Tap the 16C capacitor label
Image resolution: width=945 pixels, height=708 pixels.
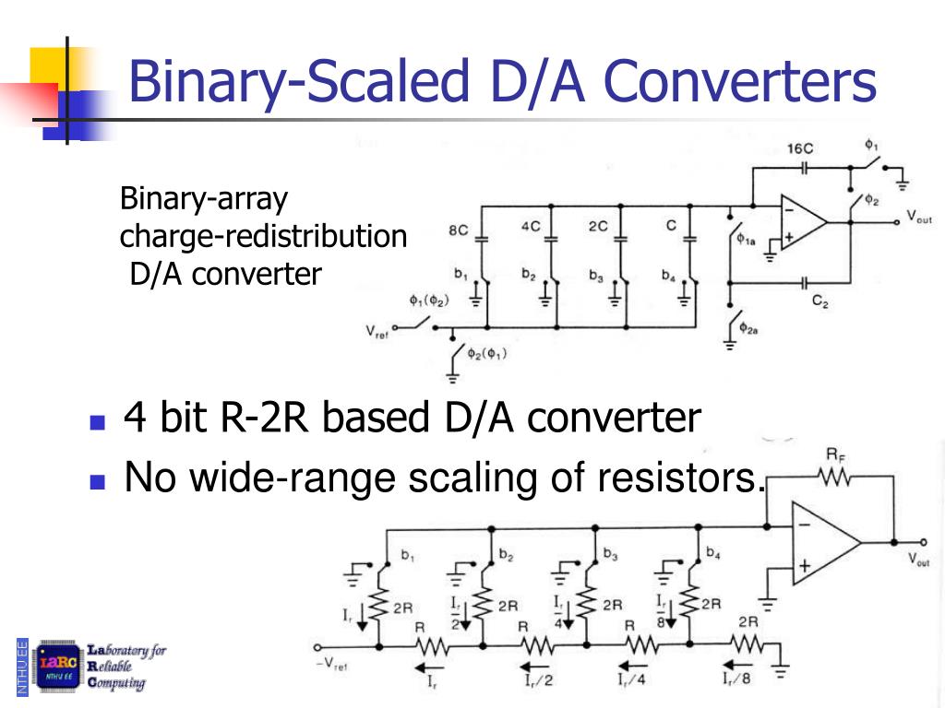point(800,148)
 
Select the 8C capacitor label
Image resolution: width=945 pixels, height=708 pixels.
point(459,230)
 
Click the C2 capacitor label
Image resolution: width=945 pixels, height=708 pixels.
point(819,301)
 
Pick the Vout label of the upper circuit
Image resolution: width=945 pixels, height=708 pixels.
point(918,217)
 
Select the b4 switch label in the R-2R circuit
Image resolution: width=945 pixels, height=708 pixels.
point(712,552)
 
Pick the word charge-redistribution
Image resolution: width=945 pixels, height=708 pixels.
point(263,236)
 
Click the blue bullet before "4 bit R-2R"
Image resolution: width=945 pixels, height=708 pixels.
point(97,423)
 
